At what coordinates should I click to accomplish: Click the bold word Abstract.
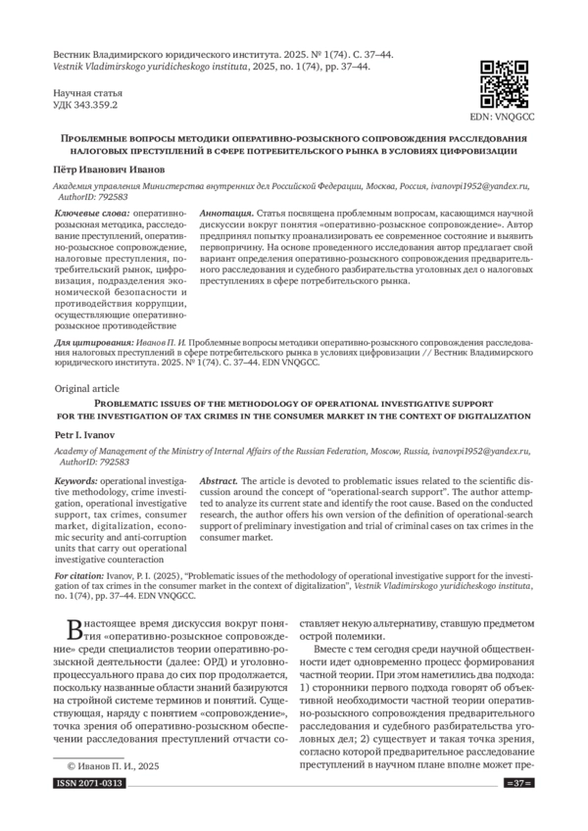(219, 483)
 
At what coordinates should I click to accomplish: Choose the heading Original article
(86, 388)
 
